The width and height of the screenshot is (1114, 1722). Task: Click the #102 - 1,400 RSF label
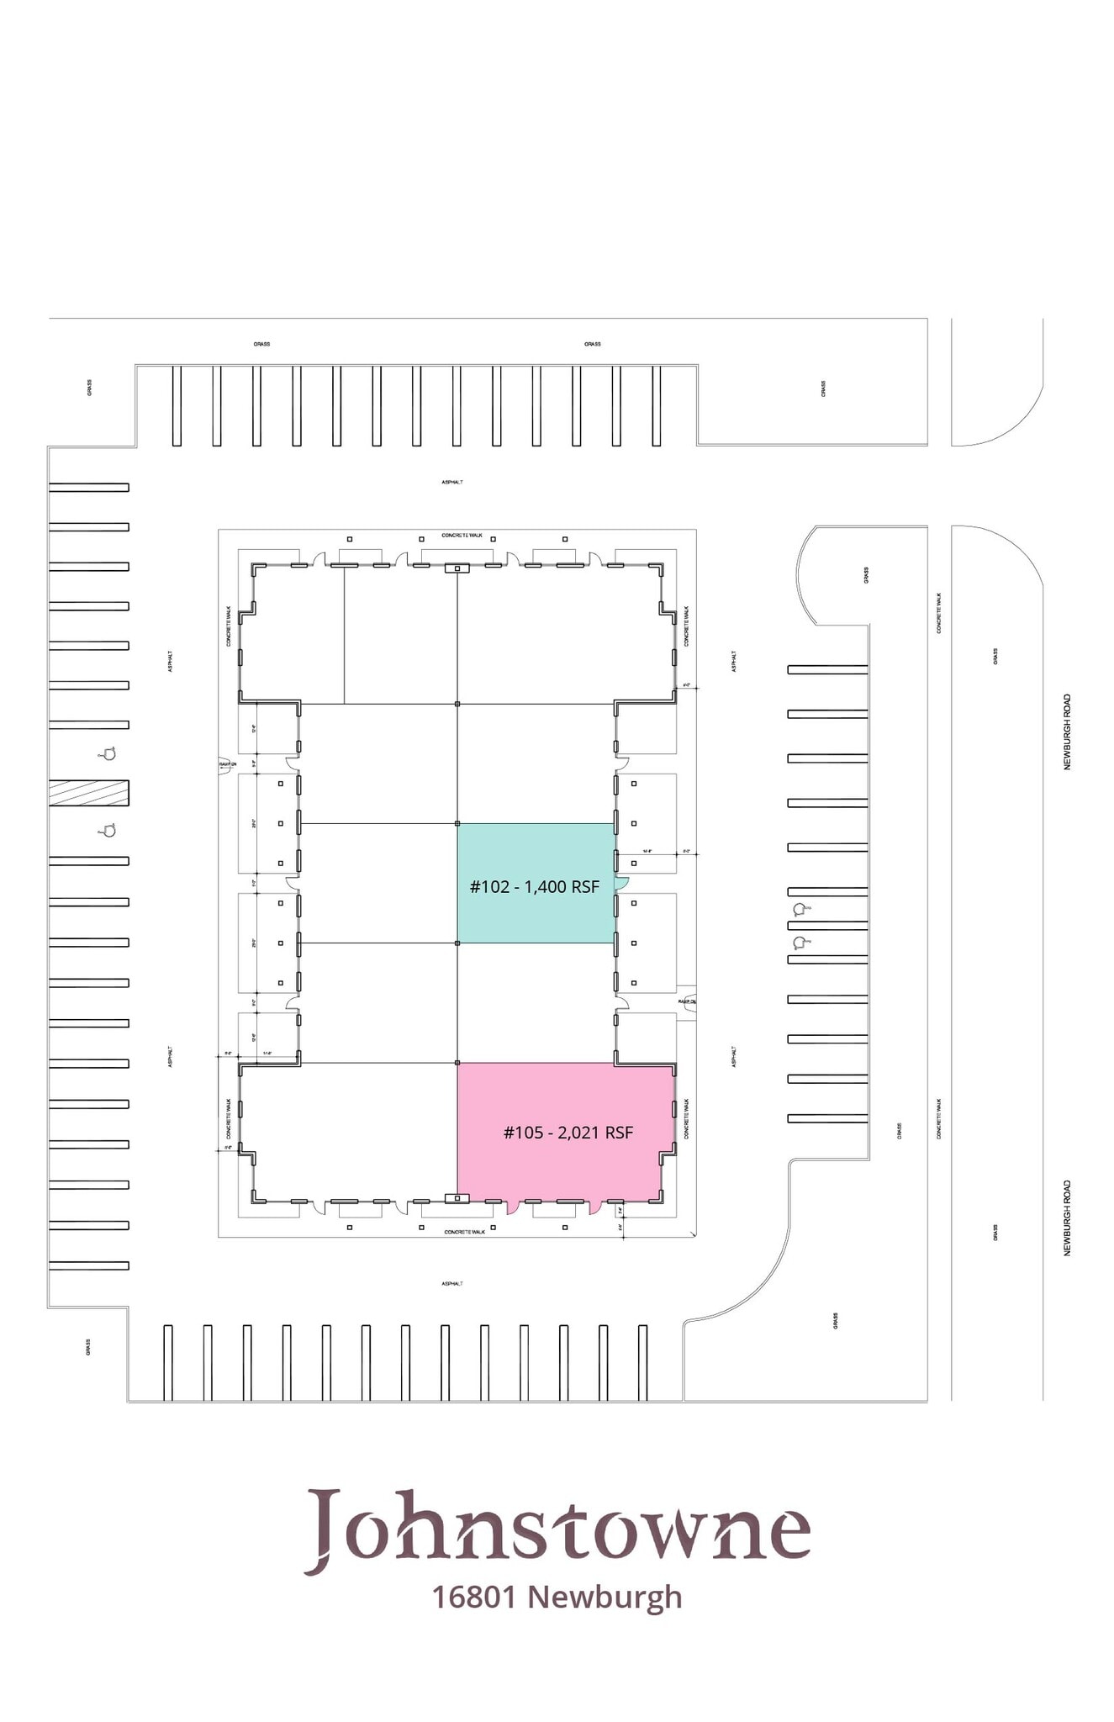coord(534,886)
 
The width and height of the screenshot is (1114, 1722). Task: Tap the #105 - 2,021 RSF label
coord(568,1133)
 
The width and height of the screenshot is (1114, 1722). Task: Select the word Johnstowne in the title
coord(557,1528)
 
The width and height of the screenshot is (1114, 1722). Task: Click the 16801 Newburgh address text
coord(557,1597)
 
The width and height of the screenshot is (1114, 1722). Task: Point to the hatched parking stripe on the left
coord(88,793)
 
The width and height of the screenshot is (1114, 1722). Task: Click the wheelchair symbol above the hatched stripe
coord(107,753)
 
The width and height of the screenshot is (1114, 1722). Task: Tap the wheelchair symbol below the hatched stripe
coord(107,831)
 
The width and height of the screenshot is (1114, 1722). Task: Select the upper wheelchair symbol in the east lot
coord(800,908)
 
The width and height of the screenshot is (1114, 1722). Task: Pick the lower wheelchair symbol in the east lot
coord(800,942)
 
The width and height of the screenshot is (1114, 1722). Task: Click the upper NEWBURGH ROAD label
coord(1067,732)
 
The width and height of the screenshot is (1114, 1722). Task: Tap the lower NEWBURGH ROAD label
coord(1067,1218)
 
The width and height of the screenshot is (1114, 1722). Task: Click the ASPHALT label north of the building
coord(451,482)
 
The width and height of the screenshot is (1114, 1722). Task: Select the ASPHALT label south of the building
coord(451,1284)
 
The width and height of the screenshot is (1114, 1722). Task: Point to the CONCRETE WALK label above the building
coord(462,536)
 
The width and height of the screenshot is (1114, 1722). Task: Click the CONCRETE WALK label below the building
coord(464,1232)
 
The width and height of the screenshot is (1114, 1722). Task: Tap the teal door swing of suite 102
coord(621,882)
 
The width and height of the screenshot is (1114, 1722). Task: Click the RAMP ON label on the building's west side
coord(227,764)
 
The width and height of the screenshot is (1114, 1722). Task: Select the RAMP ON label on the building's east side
coord(687,1001)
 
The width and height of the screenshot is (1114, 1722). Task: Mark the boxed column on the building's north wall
coord(457,568)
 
